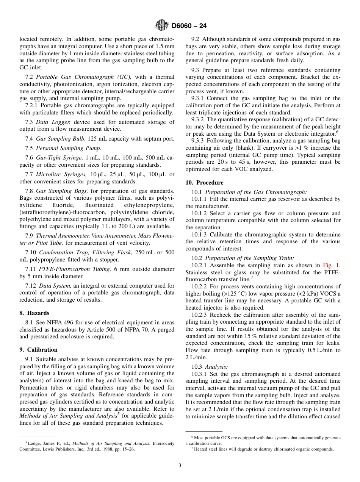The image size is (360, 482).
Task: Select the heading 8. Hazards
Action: point(34,313)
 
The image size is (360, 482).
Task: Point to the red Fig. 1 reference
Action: point(331,266)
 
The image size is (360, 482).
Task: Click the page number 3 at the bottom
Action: point(180,466)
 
